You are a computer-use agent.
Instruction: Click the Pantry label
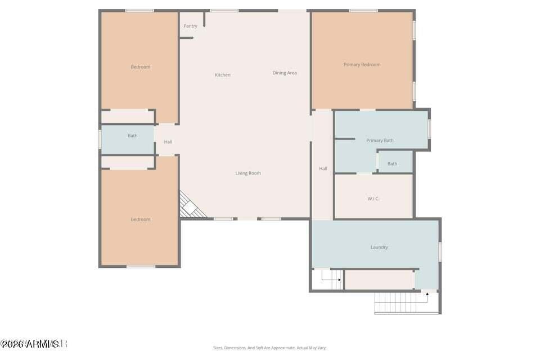coord(191,26)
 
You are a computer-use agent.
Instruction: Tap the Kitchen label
coord(223,75)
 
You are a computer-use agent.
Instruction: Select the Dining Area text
coord(285,73)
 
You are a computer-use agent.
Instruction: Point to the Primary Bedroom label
coord(362,65)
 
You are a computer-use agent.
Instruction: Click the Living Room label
coord(248,173)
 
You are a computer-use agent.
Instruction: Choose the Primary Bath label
coord(380,141)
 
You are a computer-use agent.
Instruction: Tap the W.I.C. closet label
coord(373,199)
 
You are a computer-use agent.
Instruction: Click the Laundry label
coord(379,247)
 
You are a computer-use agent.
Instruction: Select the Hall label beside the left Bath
coord(168,142)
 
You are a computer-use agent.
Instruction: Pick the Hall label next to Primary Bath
coord(323,168)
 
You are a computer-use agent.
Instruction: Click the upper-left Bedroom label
coord(141,67)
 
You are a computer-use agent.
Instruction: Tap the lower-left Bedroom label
coord(141,219)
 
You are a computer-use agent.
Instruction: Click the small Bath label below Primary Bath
coord(392,164)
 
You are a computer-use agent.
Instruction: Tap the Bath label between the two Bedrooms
coord(132,136)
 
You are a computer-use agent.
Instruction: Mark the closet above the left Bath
coord(128,117)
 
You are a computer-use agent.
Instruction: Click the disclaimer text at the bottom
coord(269,348)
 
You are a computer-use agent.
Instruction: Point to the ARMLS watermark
coord(34,343)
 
